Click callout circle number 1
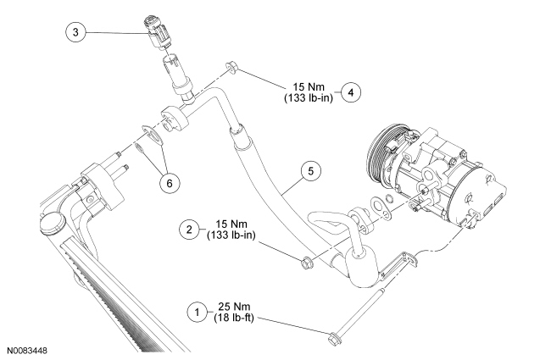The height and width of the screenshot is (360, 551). pyautogui.click(x=197, y=313)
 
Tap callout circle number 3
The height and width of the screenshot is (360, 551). pyautogui.click(x=75, y=33)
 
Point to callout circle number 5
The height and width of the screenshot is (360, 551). pyautogui.click(x=311, y=171)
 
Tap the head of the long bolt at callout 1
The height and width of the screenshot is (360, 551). pyautogui.click(x=332, y=340)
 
